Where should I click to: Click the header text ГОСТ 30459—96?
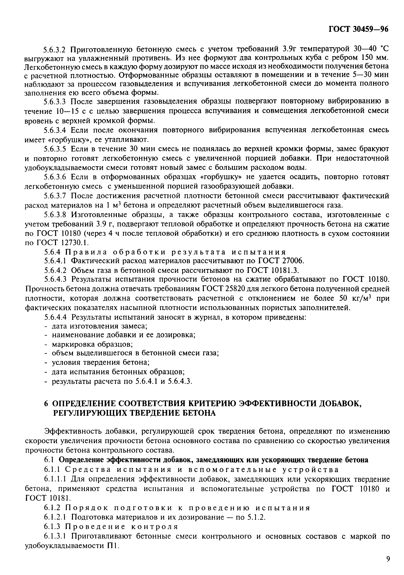[358, 29]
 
